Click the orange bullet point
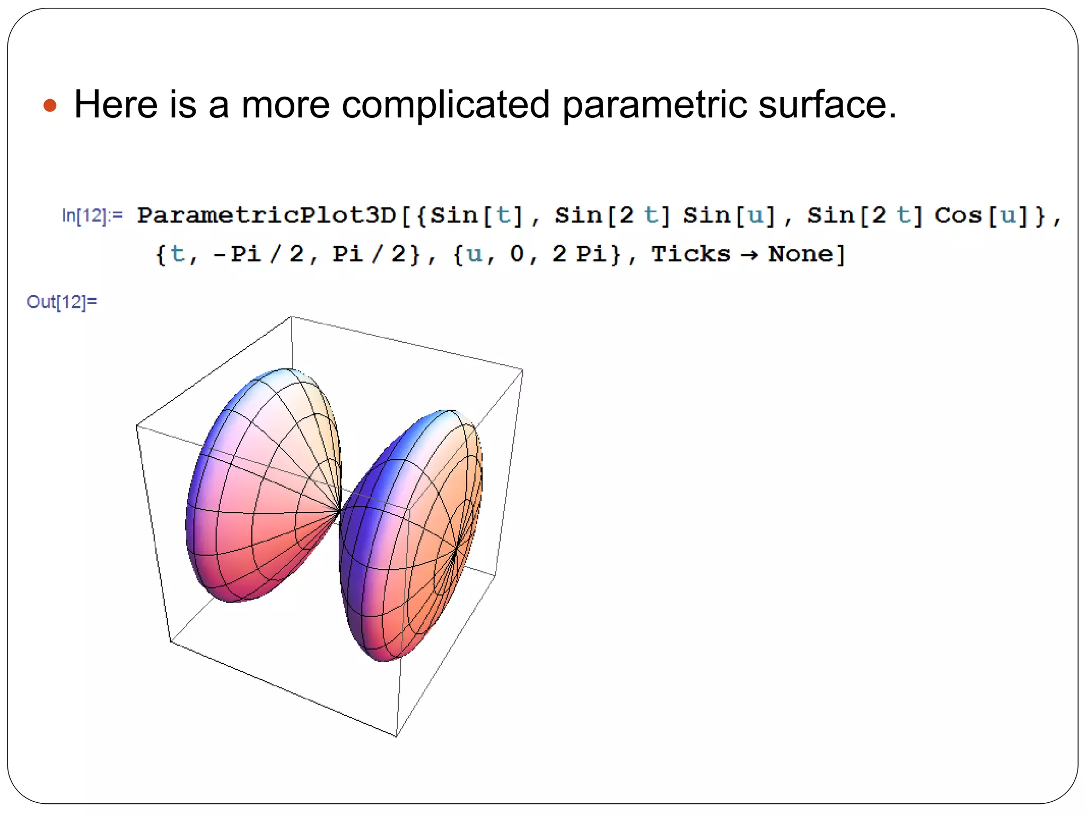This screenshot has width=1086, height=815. (x=50, y=105)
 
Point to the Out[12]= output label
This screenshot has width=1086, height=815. (x=62, y=302)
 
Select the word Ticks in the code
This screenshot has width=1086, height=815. (x=690, y=254)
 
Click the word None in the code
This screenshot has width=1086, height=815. (x=801, y=254)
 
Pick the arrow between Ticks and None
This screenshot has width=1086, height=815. (x=749, y=255)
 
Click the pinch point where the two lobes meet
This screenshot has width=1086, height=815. (x=339, y=511)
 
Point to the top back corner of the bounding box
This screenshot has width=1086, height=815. (x=291, y=317)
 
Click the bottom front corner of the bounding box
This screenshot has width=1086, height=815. (x=396, y=736)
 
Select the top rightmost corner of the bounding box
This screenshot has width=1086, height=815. (x=523, y=370)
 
